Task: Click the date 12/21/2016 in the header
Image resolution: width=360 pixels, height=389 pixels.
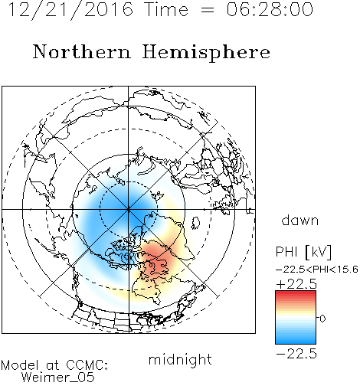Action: pos(70,10)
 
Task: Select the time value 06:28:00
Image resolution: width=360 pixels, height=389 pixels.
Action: pos(270,9)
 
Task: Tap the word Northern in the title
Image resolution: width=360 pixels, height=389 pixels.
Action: pos(82,52)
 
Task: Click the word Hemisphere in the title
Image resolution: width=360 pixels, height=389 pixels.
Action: pos(206,53)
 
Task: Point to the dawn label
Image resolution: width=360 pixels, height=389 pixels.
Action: pos(300,220)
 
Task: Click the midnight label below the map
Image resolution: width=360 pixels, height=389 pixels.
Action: pos(180,360)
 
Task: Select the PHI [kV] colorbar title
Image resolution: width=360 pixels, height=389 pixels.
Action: pos(303,252)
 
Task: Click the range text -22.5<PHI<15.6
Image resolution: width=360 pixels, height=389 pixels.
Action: pos(317,270)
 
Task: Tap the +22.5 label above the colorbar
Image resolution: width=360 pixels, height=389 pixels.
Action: pos(296,284)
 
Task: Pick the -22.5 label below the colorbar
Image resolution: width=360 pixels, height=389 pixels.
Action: pos(296,354)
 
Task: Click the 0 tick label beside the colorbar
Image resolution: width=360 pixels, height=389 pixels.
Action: pos(322,319)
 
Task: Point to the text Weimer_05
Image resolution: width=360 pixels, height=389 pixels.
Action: pos(58,378)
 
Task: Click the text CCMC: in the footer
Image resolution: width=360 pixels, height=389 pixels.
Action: pos(87,365)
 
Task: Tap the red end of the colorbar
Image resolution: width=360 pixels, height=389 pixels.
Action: pos(296,293)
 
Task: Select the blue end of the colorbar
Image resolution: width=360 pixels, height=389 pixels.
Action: pos(296,342)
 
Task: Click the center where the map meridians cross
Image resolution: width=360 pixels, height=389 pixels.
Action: pos(128,210)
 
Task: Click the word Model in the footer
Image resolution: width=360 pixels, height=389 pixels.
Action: pos(20,365)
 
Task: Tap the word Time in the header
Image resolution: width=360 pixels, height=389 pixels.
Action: pos(166,9)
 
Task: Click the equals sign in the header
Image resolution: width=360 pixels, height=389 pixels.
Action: pos(207,10)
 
